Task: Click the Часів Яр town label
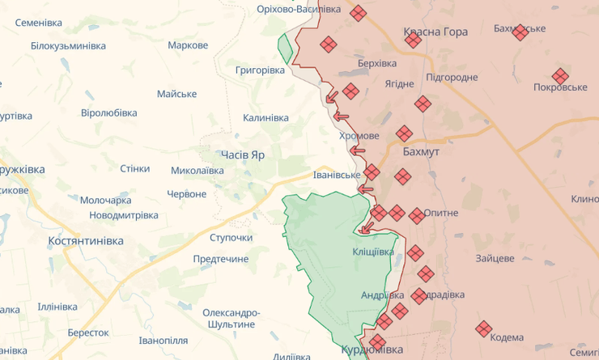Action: click(242, 154)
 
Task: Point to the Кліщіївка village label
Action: click(372, 252)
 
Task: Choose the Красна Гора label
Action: click(435, 32)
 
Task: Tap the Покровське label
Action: click(560, 87)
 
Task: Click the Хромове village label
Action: click(359, 135)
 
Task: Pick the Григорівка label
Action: click(260, 70)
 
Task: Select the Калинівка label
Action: click(266, 118)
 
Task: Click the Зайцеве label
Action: click(495, 258)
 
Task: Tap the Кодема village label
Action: click(507, 337)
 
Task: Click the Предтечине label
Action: click(221, 259)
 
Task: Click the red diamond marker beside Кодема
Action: click(484, 328)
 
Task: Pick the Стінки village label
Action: click(134, 168)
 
